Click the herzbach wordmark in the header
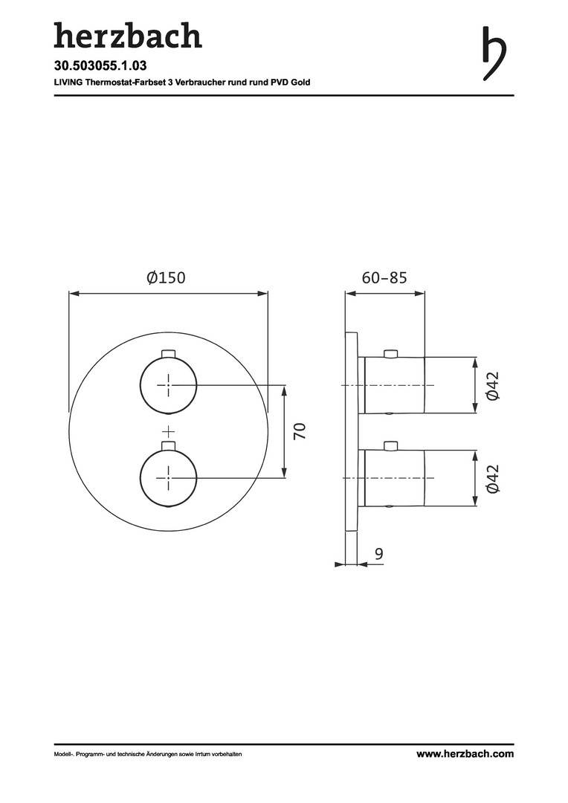[128, 36]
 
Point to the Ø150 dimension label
[166, 277]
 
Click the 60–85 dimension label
[384, 277]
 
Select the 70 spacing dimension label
[300, 430]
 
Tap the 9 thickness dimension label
[378, 554]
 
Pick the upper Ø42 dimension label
[493, 385]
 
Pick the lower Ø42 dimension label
[493, 478]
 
